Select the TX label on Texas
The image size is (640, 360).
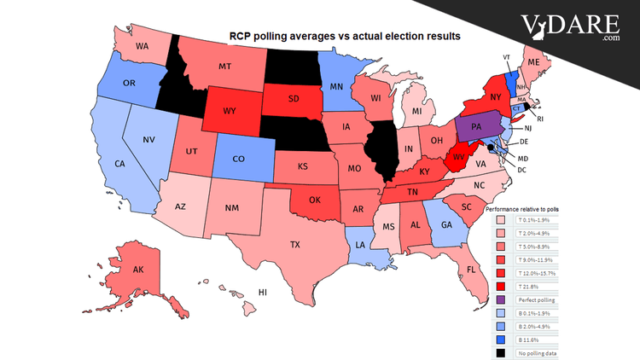[x=294, y=245]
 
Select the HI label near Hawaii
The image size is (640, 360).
[x=264, y=292]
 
